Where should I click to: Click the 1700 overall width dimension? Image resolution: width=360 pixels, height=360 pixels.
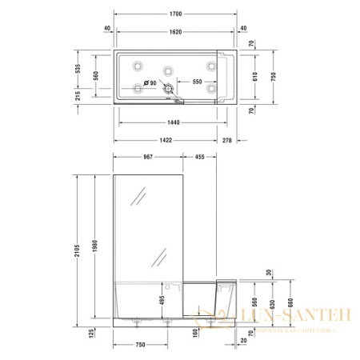pos(174,14)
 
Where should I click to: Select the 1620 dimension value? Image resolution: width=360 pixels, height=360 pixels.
pos(174,30)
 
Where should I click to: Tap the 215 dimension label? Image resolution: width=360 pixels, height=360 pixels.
pos(78,95)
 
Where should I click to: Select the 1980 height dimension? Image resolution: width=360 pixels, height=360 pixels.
pos(96,244)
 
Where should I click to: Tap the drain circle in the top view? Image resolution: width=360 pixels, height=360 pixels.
pos(170,90)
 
